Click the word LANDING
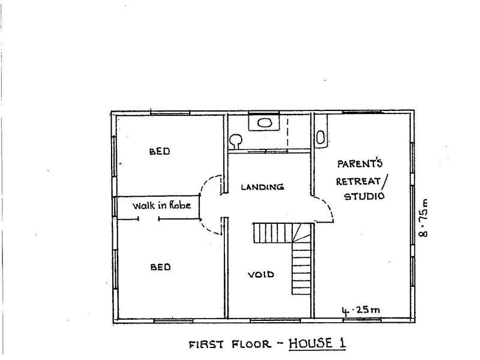[x=262, y=187]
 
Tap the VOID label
[x=261, y=275]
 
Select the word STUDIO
[x=364, y=196]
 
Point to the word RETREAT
[x=359, y=179]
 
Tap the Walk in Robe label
[x=161, y=205]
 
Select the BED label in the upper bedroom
[x=159, y=152]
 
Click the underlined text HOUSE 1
[x=319, y=344]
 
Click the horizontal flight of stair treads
[x=272, y=232]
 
